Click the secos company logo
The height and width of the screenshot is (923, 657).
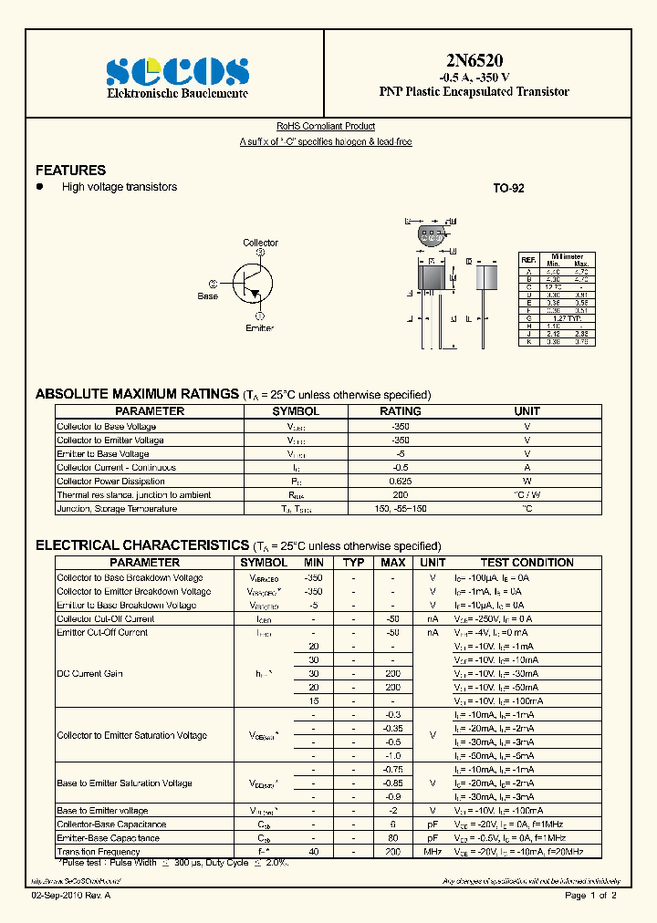pyautogui.click(x=177, y=71)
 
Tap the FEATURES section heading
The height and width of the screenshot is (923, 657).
pyautogui.click(x=70, y=171)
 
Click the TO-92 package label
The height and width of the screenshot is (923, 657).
pyautogui.click(x=508, y=188)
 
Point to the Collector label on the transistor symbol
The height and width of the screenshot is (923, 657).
pyautogui.click(x=260, y=243)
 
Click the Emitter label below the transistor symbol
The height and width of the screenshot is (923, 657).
pyautogui.click(x=259, y=327)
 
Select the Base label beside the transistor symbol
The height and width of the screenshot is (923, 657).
pyautogui.click(x=208, y=296)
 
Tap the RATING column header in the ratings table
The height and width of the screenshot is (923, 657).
pyautogui.click(x=400, y=411)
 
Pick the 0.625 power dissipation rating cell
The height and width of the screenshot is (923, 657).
pyautogui.click(x=400, y=482)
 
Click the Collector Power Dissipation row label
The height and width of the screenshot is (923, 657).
pyautogui.click(x=110, y=482)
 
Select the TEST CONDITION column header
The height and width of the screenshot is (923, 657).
pyautogui.click(x=527, y=563)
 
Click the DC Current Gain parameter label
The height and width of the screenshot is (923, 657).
pyautogui.click(x=90, y=673)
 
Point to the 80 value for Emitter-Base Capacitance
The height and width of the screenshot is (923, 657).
pyautogui.click(x=392, y=837)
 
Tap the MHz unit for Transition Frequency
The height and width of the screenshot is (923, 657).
pyautogui.click(x=433, y=851)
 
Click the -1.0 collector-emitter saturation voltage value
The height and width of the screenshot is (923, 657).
pyautogui.click(x=392, y=755)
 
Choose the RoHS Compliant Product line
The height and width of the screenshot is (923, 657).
pyautogui.click(x=325, y=127)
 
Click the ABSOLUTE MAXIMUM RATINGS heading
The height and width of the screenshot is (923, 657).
pyautogui.click(x=137, y=394)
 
